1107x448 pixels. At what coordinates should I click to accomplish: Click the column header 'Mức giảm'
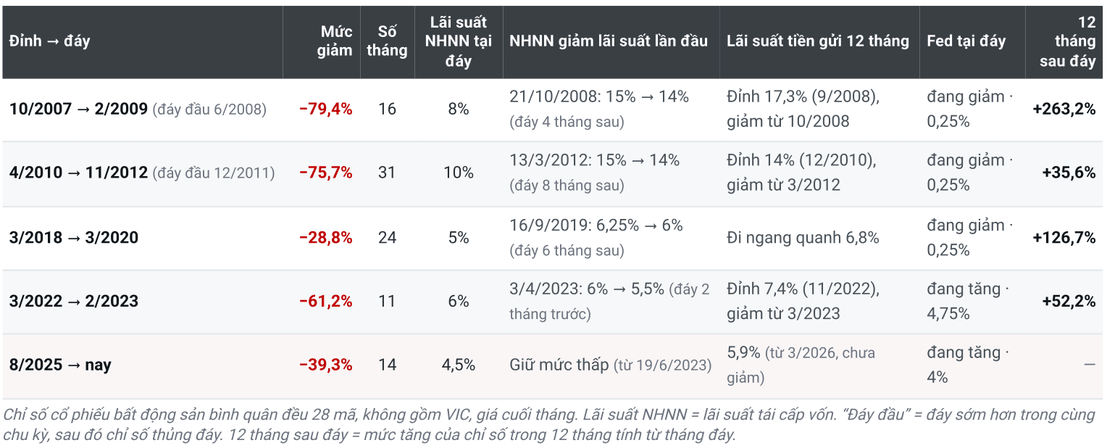pyautogui.click(x=335, y=41)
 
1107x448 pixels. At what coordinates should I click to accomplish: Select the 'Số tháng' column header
pyautogui.click(x=387, y=41)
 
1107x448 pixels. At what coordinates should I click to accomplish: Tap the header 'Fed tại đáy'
pyautogui.click(x=966, y=41)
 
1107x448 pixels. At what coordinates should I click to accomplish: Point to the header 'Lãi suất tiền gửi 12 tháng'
pyautogui.click(x=817, y=41)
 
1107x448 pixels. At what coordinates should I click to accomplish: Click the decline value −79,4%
pyautogui.click(x=326, y=109)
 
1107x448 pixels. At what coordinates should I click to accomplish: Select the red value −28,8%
pyautogui.click(x=326, y=238)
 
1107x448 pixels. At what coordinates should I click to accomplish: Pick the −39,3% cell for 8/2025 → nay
pyautogui.click(x=326, y=365)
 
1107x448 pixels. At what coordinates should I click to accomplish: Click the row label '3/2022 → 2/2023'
pyautogui.click(x=74, y=301)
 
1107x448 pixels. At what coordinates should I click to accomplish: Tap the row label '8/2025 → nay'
pyautogui.click(x=60, y=365)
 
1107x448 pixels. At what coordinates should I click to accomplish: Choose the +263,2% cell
pyautogui.click(x=1064, y=109)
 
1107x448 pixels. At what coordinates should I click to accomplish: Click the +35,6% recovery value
pyautogui.click(x=1069, y=173)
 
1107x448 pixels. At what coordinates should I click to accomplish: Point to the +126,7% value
pyautogui.click(x=1064, y=238)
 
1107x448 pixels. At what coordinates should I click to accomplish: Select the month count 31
pyautogui.click(x=387, y=173)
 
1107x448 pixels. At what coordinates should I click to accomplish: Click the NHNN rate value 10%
pyautogui.click(x=459, y=173)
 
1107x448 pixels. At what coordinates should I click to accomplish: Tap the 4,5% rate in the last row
pyautogui.click(x=459, y=365)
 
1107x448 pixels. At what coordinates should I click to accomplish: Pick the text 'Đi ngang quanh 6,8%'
pyautogui.click(x=803, y=238)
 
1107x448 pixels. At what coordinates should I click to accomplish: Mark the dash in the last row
pyautogui.click(x=1090, y=365)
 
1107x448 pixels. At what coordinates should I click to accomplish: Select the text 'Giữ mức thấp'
pyautogui.click(x=559, y=365)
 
